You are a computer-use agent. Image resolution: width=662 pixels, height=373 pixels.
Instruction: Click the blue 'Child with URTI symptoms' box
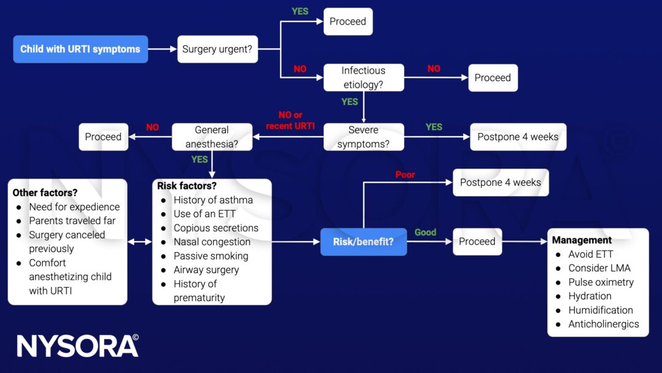[x=80, y=49]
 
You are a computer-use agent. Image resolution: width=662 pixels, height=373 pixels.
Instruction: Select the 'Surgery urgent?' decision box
[x=218, y=49]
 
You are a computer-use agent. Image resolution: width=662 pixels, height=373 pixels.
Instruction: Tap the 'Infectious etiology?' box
[x=363, y=78]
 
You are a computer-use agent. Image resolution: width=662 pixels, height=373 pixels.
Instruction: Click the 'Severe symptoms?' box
[x=363, y=137]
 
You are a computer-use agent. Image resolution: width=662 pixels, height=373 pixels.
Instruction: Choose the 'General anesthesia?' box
[x=211, y=137]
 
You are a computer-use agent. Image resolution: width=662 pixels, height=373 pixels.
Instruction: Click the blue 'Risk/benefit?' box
[x=363, y=242]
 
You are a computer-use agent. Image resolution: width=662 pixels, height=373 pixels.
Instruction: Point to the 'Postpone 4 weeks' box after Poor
[x=500, y=182]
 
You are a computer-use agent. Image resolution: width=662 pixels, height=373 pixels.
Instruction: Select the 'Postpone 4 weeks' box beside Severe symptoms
[x=518, y=137]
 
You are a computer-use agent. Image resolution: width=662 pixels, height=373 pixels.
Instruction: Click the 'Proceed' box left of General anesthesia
[x=103, y=137]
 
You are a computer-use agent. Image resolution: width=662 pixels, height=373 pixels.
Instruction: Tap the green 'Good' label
[x=425, y=232]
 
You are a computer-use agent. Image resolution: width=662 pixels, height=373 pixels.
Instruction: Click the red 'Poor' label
[x=405, y=175]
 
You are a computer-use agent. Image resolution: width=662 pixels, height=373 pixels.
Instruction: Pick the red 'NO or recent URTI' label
[x=290, y=120]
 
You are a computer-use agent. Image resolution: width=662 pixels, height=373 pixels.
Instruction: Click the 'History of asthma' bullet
[x=213, y=200]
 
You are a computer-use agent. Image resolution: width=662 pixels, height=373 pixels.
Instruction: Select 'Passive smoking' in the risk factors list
[x=211, y=256]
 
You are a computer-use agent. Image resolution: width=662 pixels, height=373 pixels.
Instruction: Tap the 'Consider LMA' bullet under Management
[x=599, y=268]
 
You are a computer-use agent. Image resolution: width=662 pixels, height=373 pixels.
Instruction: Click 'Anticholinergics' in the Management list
[x=603, y=324]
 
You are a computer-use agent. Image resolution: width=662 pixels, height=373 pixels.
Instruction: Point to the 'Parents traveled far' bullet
[x=72, y=221]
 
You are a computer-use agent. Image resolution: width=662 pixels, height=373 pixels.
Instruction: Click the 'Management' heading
[x=582, y=240]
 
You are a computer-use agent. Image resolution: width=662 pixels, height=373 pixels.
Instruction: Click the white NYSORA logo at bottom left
[x=77, y=346]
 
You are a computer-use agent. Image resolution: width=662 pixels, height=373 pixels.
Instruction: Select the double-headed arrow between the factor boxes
[x=140, y=242]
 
